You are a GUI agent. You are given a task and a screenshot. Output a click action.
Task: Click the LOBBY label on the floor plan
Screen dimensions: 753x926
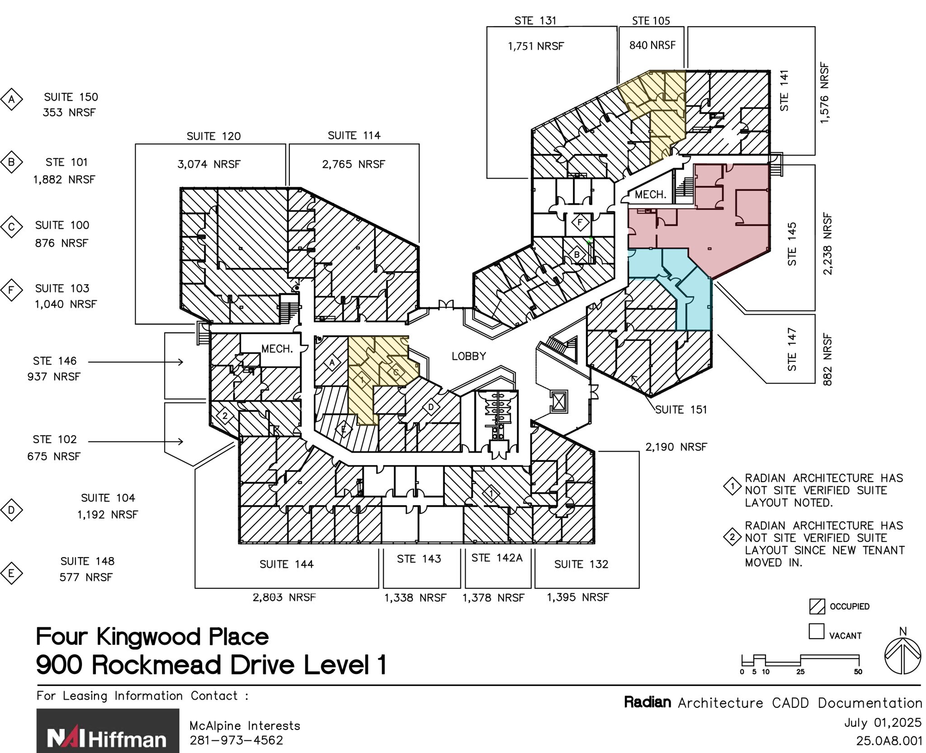[468, 356]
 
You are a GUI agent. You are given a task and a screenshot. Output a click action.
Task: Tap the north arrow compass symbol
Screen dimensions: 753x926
[902, 656]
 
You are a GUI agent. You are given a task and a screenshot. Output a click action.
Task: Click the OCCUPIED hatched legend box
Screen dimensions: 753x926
[817, 606]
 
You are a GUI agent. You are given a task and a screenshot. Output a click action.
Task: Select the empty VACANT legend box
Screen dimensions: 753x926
[816, 631]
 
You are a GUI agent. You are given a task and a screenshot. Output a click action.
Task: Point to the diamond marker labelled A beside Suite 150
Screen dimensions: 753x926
[12, 99]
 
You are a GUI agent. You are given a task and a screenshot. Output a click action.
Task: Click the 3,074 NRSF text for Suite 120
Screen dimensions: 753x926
[208, 164]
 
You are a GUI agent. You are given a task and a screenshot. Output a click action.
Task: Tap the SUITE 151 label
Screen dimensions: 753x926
[681, 410]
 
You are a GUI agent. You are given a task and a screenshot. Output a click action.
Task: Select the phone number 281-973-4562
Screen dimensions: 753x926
[236, 740]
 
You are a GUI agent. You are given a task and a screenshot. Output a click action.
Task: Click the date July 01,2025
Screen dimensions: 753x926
[883, 723]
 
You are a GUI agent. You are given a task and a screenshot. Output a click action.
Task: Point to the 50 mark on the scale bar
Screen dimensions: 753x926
[858, 672]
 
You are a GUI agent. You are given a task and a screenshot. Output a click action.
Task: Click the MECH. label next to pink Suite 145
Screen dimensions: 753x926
[650, 195]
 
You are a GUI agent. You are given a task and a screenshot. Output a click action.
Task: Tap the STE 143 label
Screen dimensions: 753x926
[419, 559]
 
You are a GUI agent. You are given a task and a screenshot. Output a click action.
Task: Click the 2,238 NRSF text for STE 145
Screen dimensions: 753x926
[827, 244]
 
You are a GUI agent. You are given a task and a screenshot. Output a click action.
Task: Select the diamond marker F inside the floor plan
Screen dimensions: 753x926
[580, 222]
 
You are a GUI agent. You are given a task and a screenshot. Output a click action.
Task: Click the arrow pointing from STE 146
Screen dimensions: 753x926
[136, 362]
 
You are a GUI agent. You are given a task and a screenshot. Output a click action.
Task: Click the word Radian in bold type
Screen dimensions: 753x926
[647, 702]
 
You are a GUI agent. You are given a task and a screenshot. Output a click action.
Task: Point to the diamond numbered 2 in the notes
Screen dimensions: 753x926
[732, 537]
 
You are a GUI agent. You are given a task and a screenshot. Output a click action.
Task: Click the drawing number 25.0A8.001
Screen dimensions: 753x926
[888, 741]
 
